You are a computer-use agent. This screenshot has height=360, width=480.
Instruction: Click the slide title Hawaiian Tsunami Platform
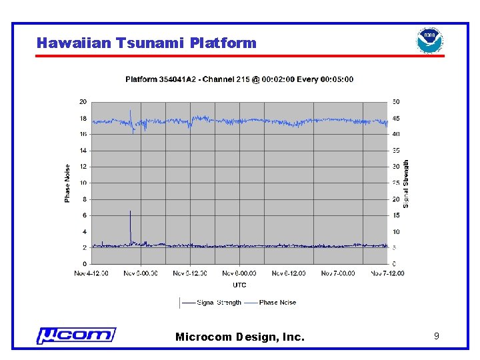pyautogui.click(x=146, y=43)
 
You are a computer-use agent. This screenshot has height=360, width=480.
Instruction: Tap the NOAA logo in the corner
pyautogui.click(x=429, y=41)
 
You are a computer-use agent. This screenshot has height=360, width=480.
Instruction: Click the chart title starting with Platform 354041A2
pyautogui.click(x=239, y=79)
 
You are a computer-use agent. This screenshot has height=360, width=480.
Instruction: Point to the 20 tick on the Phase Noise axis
pyautogui.click(x=83, y=102)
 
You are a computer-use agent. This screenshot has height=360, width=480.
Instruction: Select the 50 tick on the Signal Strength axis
pyautogui.click(x=395, y=102)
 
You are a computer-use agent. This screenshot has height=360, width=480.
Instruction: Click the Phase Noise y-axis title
pyautogui.click(x=67, y=184)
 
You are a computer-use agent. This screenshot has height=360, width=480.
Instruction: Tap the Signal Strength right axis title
pyautogui.click(x=406, y=183)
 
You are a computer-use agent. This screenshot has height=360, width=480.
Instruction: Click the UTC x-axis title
pyautogui.click(x=239, y=285)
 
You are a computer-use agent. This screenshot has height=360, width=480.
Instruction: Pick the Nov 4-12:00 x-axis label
pyautogui.click(x=92, y=273)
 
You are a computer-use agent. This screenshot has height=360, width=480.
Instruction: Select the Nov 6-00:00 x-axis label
pyautogui.click(x=239, y=273)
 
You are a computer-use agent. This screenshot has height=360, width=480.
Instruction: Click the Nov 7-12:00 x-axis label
pyautogui.click(x=387, y=273)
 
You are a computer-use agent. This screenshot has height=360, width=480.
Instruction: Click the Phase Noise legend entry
pyautogui.click(x=270, y=303)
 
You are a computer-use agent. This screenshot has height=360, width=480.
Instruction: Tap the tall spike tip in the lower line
pyautogui.click(x=130, y=211)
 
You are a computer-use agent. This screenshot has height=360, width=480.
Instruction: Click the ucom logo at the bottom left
pyautogui.click(x=76, y=335)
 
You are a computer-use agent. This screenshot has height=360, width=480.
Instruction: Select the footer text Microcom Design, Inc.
pyautogui.click(x=239, y=337)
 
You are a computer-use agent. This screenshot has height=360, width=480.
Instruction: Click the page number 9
pyautogui.click(x=436, y=337)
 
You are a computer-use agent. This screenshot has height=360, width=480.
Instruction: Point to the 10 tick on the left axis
pyautogui.click(x=83, y=183)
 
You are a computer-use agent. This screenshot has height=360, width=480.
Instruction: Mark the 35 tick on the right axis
pyautogui.click(x=395, y=151)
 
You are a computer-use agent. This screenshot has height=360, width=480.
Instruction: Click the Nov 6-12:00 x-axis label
pyautogui.click(x=289, y=273)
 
